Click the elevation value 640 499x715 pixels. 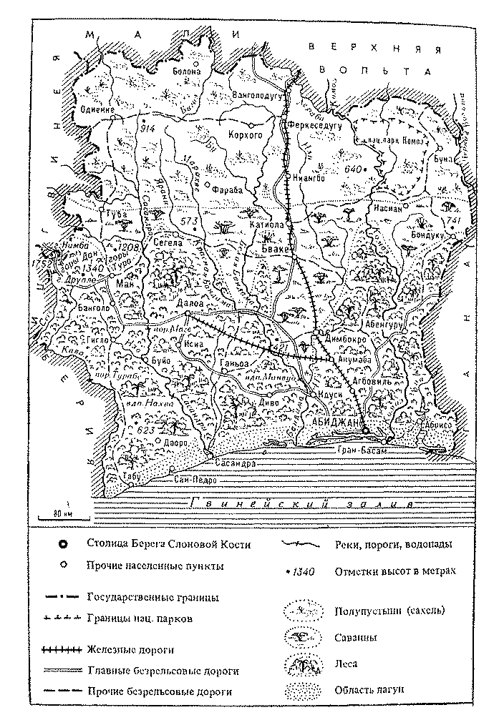pos(353,169)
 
